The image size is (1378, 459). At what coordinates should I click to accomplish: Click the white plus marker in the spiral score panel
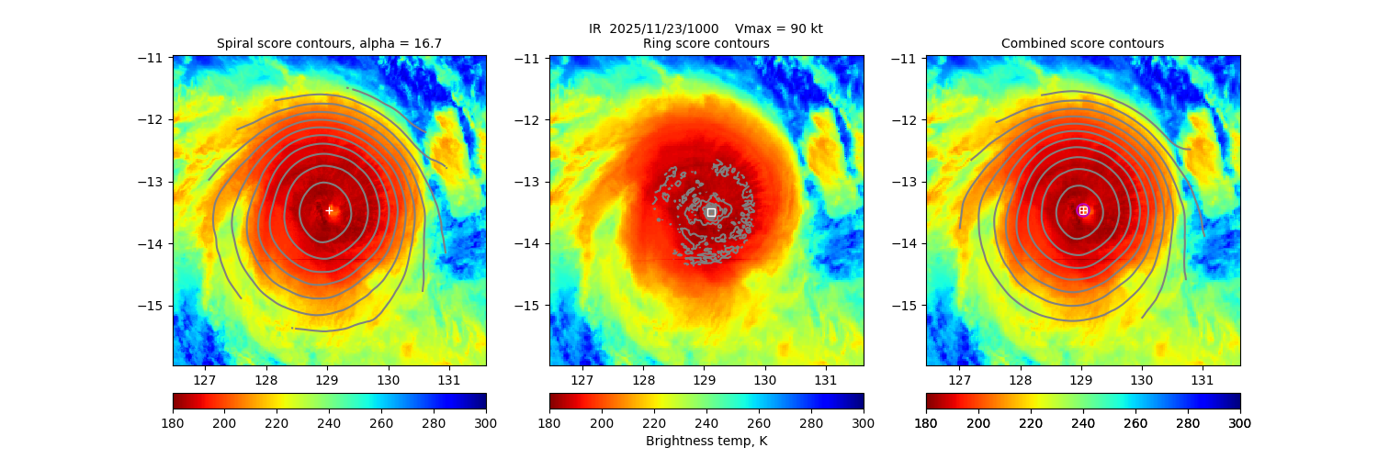pyautogui.click(x=329, y=210)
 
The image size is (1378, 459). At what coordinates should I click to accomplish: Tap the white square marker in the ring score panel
pyautogui.click(x=711, y=212)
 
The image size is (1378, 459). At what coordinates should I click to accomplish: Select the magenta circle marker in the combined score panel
pyautogui.click(x=1083, y=210)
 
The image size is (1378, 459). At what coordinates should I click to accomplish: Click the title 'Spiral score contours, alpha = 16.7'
pyautogui.click(x=329, y=43)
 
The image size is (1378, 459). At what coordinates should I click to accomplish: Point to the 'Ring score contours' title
pyautogui.click(x=706, y=43)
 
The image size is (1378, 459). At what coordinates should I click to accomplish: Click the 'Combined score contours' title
pyautogui.click(x=1082, y=43)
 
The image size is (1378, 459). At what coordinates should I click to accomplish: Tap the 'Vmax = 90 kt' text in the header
pyautogui.click(x=779, y=28)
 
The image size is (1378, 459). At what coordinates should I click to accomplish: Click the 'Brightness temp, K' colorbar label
pyautogui.click(x=706, y=441)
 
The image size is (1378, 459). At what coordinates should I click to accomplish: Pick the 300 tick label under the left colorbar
pyautogui.click(x=486, y=422)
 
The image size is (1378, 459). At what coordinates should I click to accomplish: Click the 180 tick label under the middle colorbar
pyautogui.click(x=549, y=422)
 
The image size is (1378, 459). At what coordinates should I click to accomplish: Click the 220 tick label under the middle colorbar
pyautogui.click(x=654, y=422)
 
